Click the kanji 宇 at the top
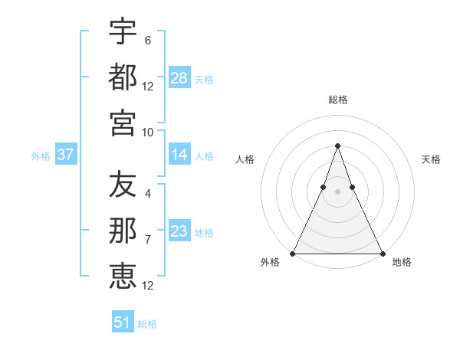(123, 32)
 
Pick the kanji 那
(123, 231)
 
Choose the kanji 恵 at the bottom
(123, 276)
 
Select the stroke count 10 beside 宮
(148, 132)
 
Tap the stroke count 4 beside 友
(147, 195)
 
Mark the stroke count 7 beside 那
(147, 240)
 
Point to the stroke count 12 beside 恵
(148, 285)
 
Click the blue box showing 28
(179, 78)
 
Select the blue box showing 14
(179, 155)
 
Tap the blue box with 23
(179, 231)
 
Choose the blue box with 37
(66, 155)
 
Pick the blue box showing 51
(123, 322)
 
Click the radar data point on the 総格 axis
(337, 146)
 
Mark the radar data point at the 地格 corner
(382, 254)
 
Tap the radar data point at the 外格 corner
(293, 254)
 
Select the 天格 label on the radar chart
(431, 159)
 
